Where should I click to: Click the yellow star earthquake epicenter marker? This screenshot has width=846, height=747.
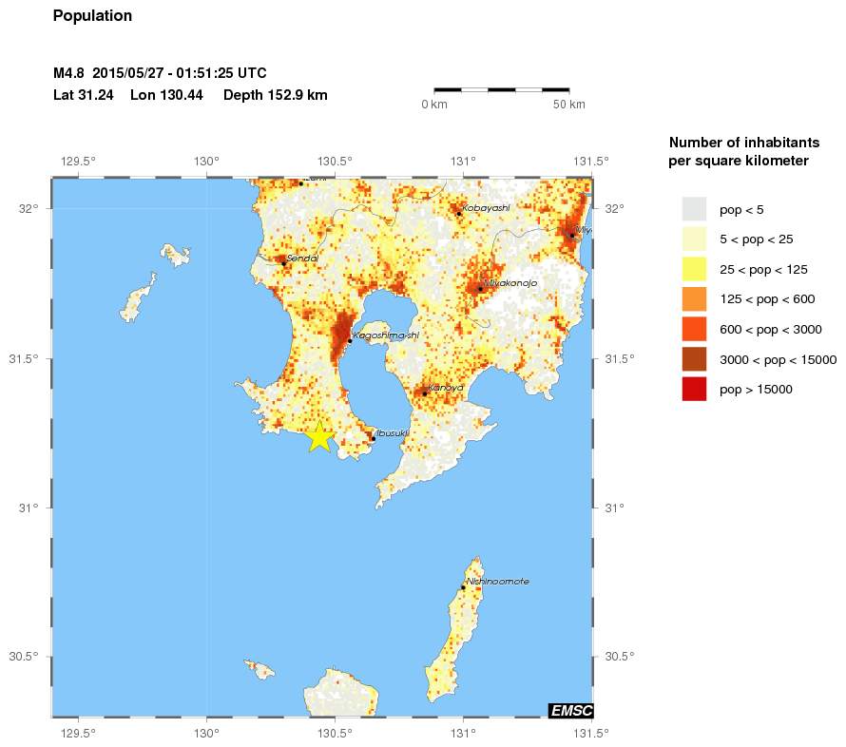[x=320, y=437]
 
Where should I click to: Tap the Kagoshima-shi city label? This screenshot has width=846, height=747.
[x=385, y=335]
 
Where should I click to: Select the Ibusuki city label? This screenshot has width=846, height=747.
[x=393, y=432]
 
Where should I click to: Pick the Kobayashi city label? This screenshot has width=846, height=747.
[x=486, y=207]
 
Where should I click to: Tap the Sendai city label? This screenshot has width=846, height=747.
[x=301, y=258]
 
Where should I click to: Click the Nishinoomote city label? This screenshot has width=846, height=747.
[x=497, y=582]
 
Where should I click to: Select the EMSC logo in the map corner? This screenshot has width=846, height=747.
[x=570, y=711]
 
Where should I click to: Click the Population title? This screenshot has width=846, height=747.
[x=93, y=16]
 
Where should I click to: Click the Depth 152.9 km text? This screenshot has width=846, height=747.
[x=275, y=95]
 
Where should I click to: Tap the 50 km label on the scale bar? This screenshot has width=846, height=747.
[x=568, y=104]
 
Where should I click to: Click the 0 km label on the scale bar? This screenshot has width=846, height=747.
[x=433, y=104]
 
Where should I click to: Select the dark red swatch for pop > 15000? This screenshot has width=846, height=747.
[x=694, y=390]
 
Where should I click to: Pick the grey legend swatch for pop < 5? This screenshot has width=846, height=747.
[x=694, y=208]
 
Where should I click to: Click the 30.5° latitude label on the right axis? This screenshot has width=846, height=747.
[x=619, y=657]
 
